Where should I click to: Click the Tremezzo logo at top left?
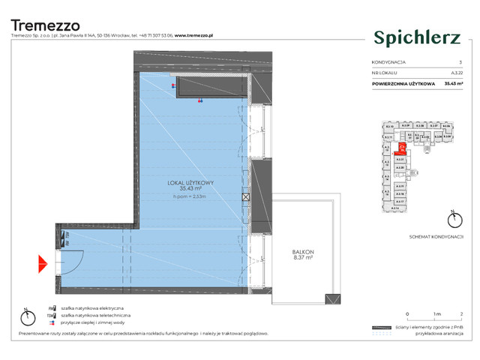(x=45, y=25)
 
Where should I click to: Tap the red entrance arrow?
(x=43, y=263)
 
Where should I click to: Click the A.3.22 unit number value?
(x=447, y=72)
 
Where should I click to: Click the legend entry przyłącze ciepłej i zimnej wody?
(x=97, y=323)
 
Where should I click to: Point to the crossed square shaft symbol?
(x=246, y=197)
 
